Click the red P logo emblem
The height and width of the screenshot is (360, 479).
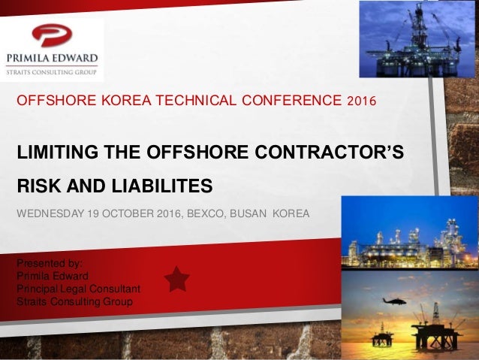[50, 35]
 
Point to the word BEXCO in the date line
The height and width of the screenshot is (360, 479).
[203, 213]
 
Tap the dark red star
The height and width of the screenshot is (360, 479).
[176, 279]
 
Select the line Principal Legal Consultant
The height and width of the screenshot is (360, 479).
[78, 289]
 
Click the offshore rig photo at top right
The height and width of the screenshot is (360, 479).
[417, 39]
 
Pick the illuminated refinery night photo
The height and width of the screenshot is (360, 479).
[410, 233]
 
